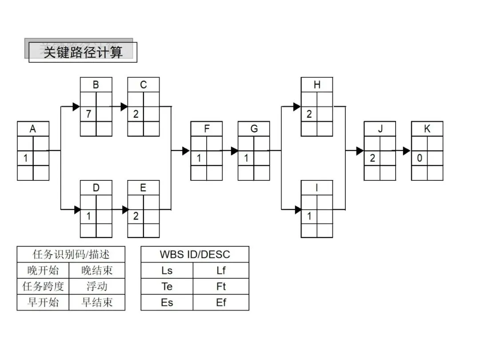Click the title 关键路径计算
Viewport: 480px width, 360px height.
[83, 52]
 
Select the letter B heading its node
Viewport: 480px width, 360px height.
[96, 85]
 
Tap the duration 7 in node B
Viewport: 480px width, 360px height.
[88, 114]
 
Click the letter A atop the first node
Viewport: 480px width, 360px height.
[33, 129]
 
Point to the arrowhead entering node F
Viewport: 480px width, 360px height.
[186, 151]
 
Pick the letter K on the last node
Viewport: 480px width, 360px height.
[427, 129]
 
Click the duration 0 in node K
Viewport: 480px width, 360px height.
[420, 158]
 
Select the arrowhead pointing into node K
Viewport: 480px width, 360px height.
[406, 151]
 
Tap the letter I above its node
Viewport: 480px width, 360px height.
[317, 188]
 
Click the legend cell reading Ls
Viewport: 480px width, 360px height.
[167, 270]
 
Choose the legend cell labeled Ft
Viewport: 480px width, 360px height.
[221, 286]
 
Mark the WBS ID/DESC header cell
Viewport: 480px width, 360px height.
[195, 255]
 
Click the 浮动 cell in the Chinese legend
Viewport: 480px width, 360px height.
[97, 286]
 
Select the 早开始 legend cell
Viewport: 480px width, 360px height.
[43, 303]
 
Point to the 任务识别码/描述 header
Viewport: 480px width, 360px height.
[71, 255]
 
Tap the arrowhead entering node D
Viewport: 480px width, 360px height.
[77, 209]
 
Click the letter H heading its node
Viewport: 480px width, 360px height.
[317, 85]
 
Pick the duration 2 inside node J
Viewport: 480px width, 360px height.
[372, 158]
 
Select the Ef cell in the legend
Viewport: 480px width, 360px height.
[221, 303]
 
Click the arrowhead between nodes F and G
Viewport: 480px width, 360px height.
[234, 151]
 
